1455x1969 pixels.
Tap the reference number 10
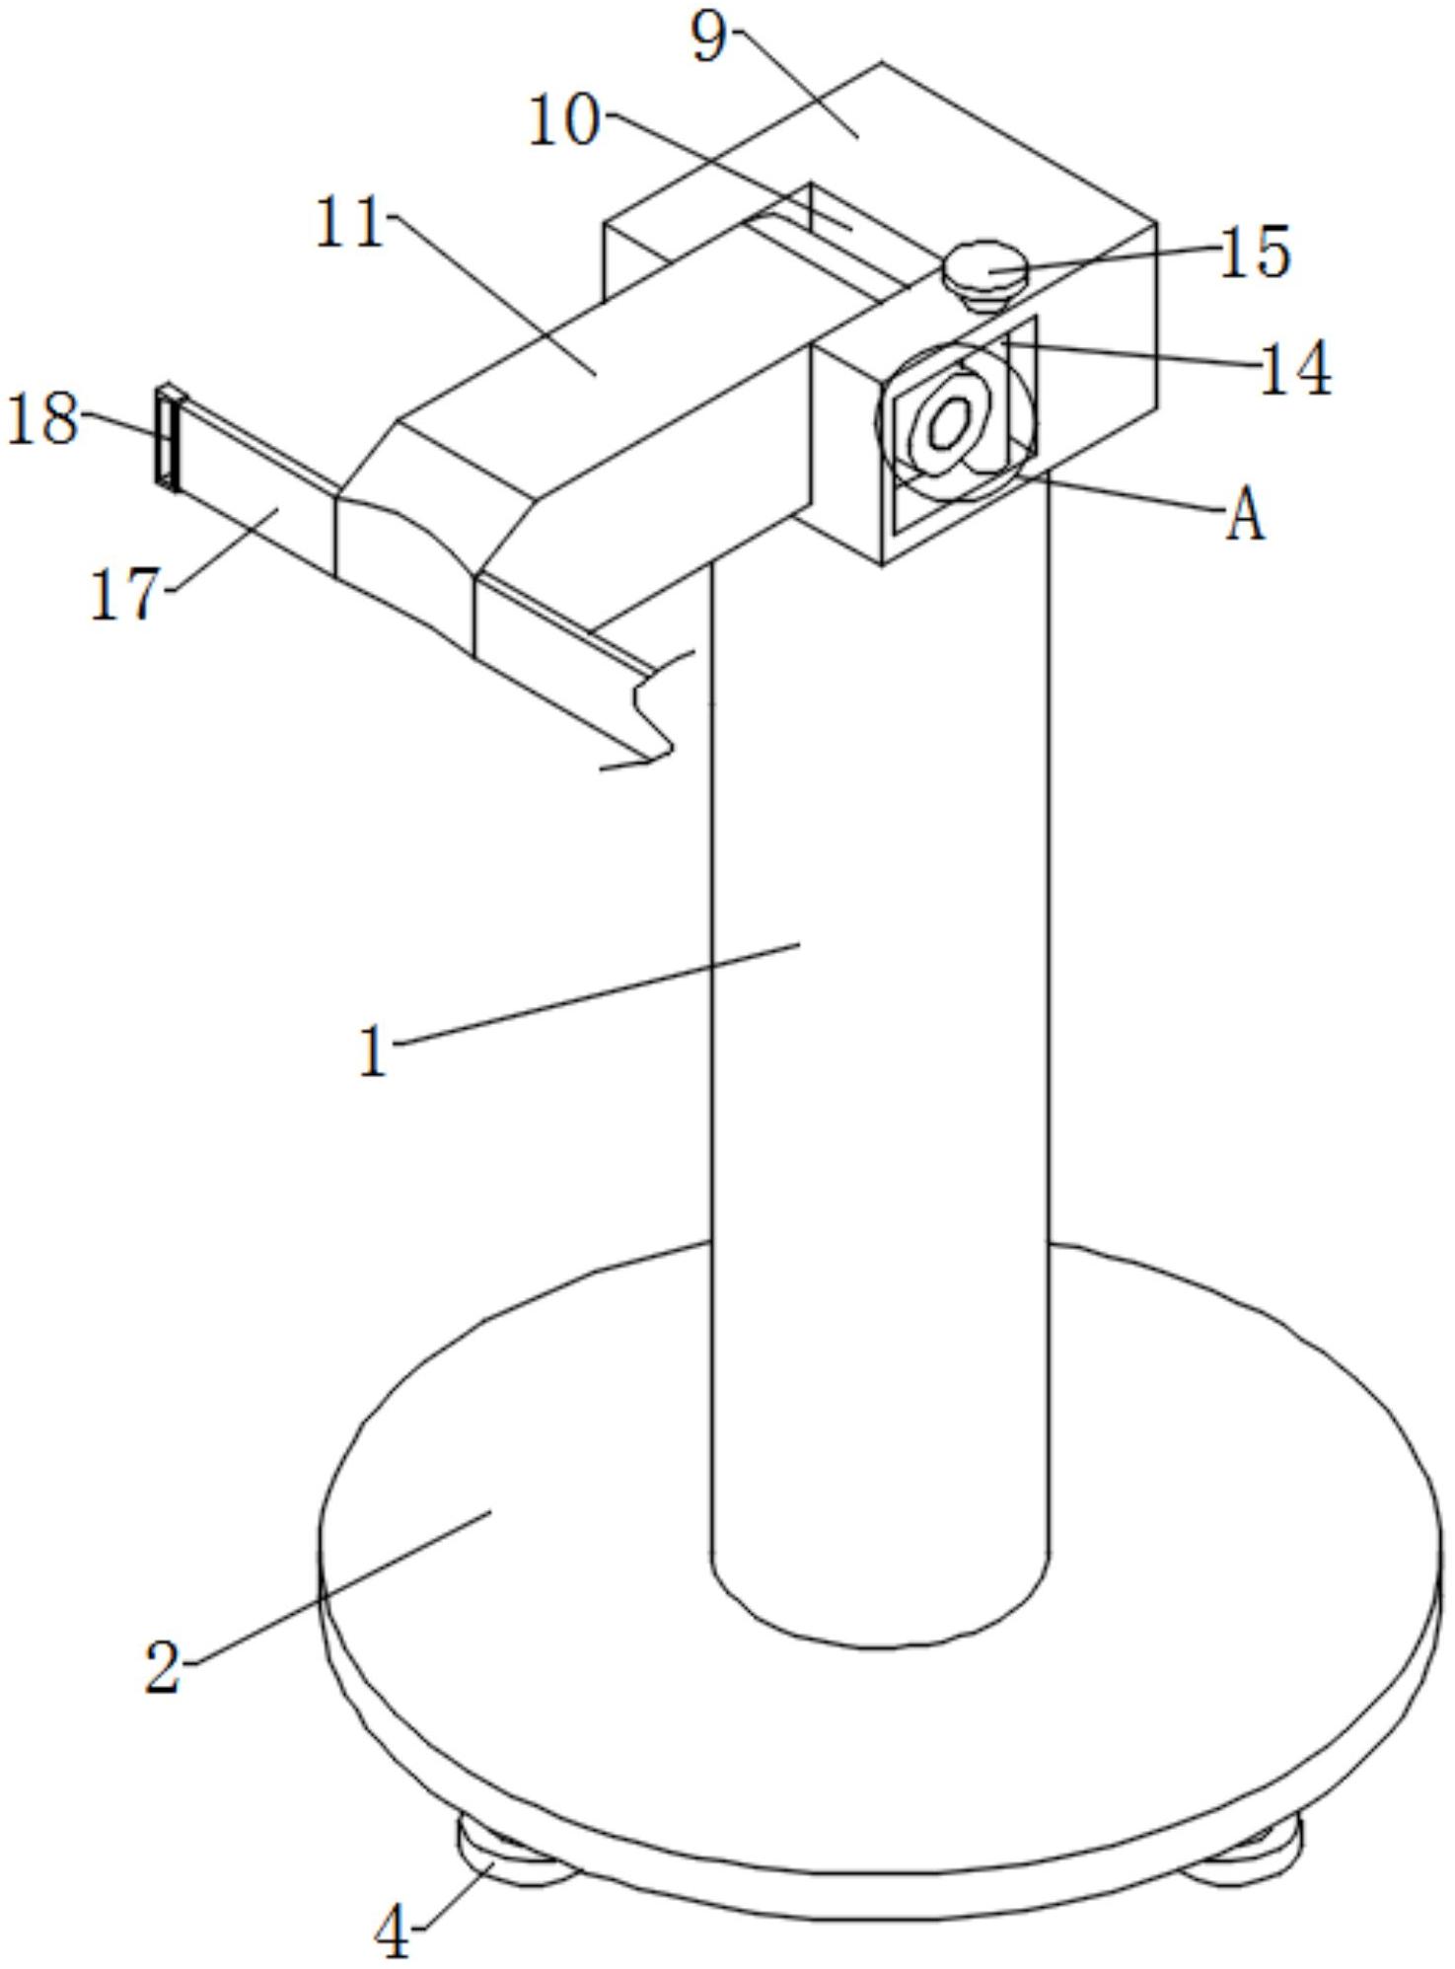click(x=564, y=122)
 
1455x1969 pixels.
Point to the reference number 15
click(x=1255, y=253)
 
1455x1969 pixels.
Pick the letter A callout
click(x=1245, y=516)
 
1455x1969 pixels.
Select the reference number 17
click(x=124, y=595)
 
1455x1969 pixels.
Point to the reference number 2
click(x=164, y=1667)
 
